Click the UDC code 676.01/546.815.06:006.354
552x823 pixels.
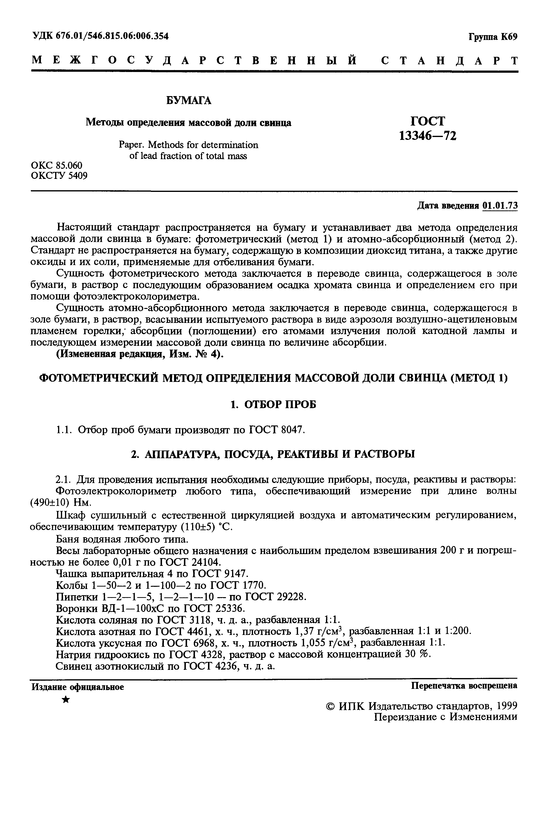pyautogui.click(x=112, y=36)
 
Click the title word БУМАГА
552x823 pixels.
pyautogui.click(x=189, y=101)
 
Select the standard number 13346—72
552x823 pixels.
pyautogui.click(x=428, y=136)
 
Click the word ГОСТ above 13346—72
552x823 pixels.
pyautogui.click(x=428, y=121)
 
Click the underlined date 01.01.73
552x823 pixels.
pyautogui.click(x=500, y=206)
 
